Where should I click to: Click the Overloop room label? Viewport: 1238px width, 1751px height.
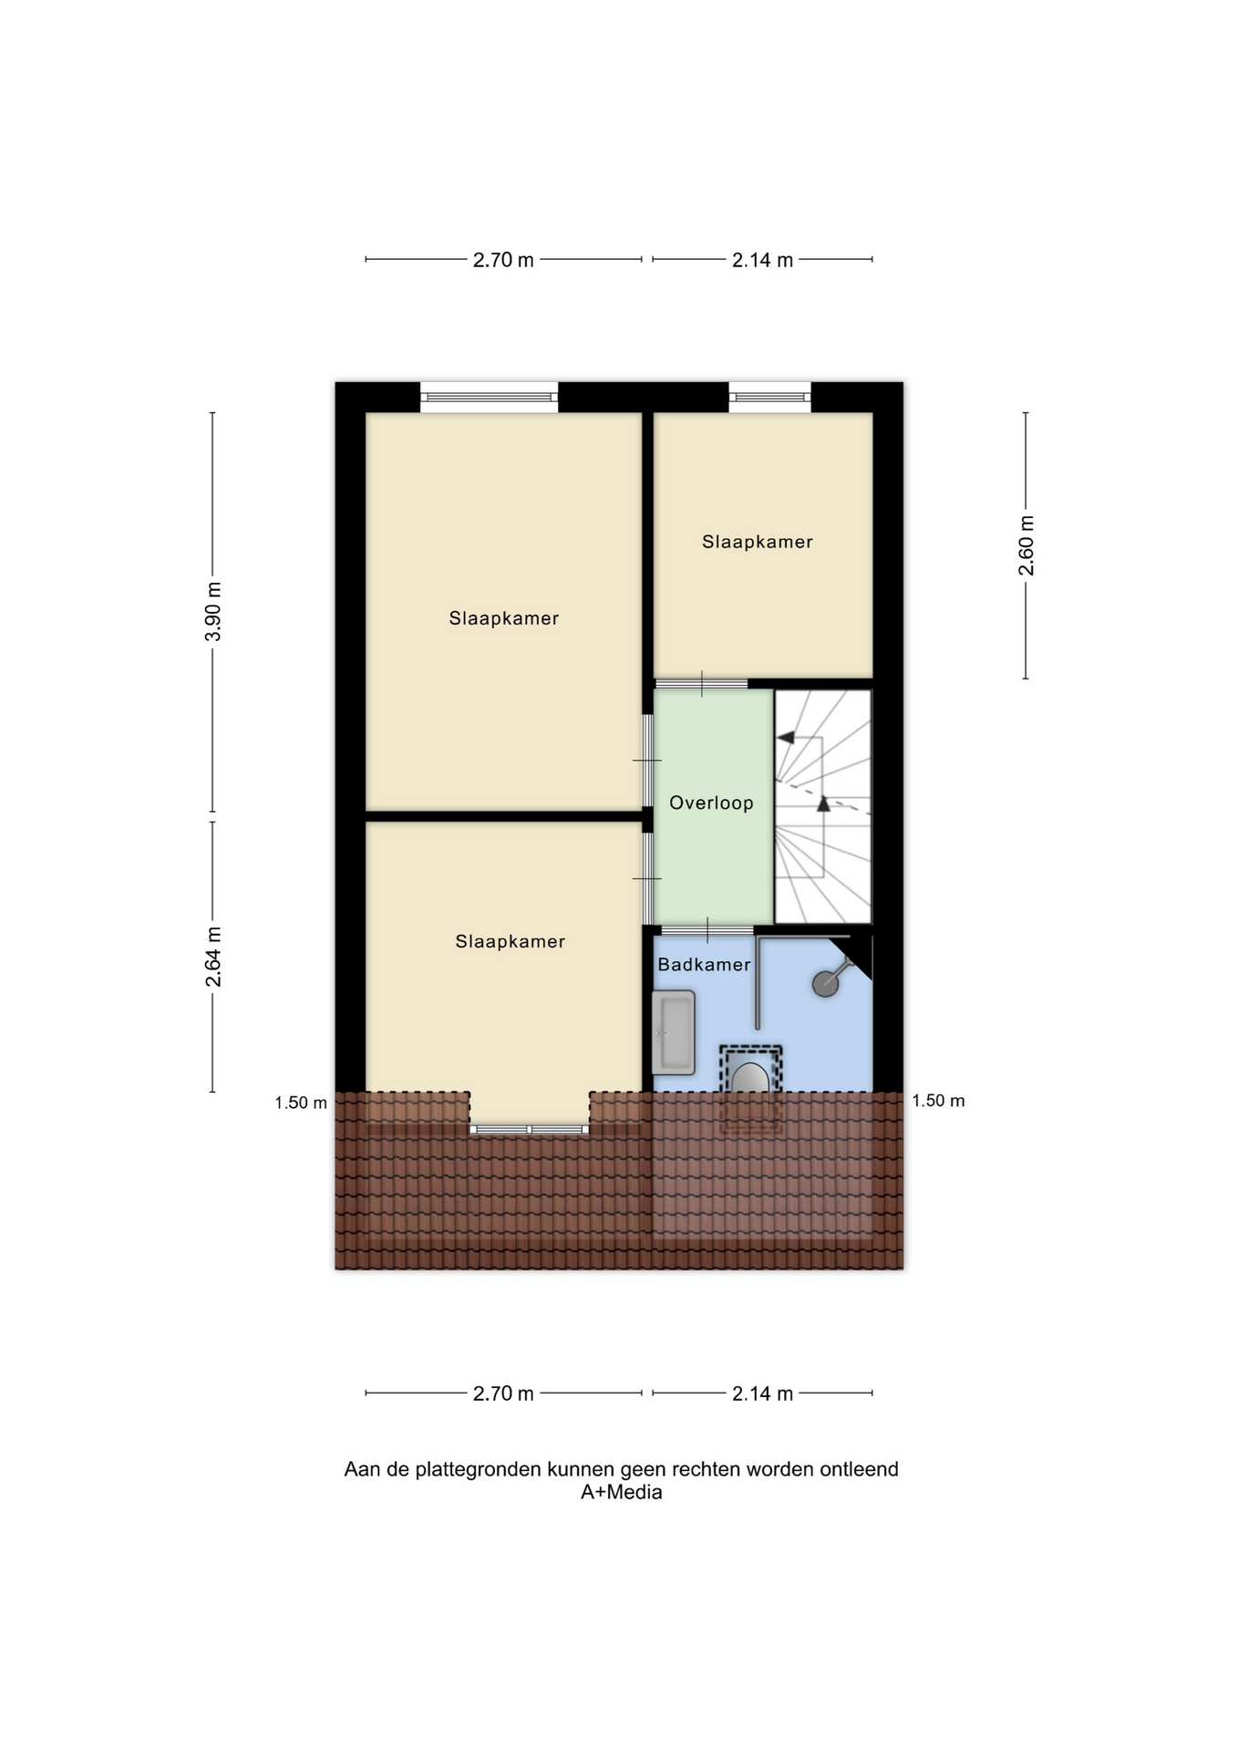click(x=711, y=803)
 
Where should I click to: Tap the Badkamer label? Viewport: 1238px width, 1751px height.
click(x=704, y=965)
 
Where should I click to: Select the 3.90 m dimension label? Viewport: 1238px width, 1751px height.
click(x=213, y=611)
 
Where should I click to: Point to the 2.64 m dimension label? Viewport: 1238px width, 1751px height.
click(x=213, y=957)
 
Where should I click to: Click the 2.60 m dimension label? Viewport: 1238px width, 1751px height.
click(x=1027, y=545)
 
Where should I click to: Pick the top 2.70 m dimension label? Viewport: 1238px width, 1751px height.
click(x=503, y=260)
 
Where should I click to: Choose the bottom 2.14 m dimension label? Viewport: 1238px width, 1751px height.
click(x=762, y=1394)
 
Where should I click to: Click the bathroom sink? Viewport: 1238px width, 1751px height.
click(x=674, y=1032)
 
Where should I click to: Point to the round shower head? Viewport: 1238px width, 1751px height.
click(x=825, y=984)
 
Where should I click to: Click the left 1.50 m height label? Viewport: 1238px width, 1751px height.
click(x=301, y=1103)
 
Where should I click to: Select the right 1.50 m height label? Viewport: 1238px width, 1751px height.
click(x=938, y=1101)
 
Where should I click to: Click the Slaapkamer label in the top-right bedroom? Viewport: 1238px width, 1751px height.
click(x=757, y=542)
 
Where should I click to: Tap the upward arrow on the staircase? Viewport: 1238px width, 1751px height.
click(x=824, y=803)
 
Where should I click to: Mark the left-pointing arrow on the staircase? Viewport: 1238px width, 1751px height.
click(x=786, y=738)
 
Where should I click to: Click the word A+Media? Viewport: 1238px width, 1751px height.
click(x=622, y=1493)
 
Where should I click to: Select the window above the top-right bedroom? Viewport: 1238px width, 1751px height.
click(x=769, y=397)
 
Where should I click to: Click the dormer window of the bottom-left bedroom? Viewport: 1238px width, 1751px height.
click(x=530, y=1130)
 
